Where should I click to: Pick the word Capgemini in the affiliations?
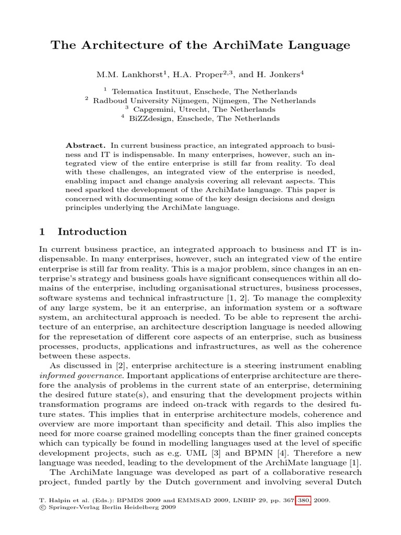[x=153, y=110]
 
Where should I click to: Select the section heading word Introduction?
[x=92, y=231]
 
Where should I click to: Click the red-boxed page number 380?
[x=304, y=500]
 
